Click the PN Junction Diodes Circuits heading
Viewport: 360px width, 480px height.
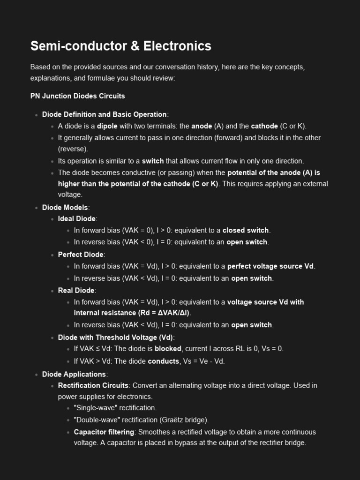pyautogui.click(x=77, y=96)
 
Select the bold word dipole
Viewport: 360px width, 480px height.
pyautogui.click(x=107, y=126)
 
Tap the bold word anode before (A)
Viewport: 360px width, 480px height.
pyautogui.click(x=202, y=126)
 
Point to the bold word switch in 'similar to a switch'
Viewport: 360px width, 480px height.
pyautogui.click(x=153, y=161)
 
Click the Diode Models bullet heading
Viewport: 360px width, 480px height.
pyautogui.click(x=65, y=207)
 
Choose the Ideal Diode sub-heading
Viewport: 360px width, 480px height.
pyautogui.click(x=76, y=219)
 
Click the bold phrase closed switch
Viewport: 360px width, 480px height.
pyautogui.click(x=245, y=231)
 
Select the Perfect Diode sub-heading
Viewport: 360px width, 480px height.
pyautogui.click(x=80, y=255)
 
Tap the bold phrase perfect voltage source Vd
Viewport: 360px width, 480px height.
pyautogui.click(x=270, y=266)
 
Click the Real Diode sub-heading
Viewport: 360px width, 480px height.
pyautogui.click(x=76, y=291)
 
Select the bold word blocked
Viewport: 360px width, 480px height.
pyautogui.click(x=168, y=349)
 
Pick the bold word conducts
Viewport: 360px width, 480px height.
pyautogui.click(x=164, y=361)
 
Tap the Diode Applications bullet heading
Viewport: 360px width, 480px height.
pyautogui.click(x=74, y=374)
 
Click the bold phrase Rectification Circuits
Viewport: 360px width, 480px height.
pyautogui.click(x=93, y=386)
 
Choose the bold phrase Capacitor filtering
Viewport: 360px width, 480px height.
pyautogui.click(x=104, y=432)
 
